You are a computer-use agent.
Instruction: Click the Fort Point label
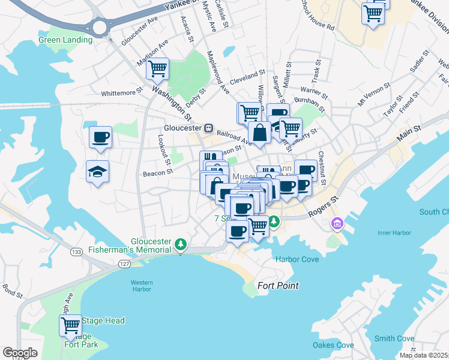(278, 286)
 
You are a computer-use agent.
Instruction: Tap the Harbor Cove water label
(297, 259)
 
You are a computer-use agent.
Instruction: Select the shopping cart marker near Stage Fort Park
(70, 326)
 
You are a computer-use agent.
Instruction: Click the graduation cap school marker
(97, 172)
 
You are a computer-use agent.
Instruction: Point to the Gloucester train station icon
(208, 128)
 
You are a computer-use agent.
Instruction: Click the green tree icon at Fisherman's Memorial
(181, 244)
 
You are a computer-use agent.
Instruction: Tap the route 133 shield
(76, 251)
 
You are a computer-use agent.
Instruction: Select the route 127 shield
(124, 263)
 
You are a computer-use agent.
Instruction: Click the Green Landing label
(65, 40)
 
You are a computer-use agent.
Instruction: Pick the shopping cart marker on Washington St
(158, 69)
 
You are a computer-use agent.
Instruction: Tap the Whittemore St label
(122, 93)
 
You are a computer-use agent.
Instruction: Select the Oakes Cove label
(333, 345)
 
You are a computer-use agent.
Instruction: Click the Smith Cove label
(394, 338)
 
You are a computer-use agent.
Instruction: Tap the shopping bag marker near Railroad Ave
(260, 133)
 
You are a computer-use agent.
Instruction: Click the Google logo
(20, 352)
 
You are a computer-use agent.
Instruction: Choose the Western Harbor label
(142, 286)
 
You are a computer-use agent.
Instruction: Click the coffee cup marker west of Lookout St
(100, 137)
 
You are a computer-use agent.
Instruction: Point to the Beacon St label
(158, 172)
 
